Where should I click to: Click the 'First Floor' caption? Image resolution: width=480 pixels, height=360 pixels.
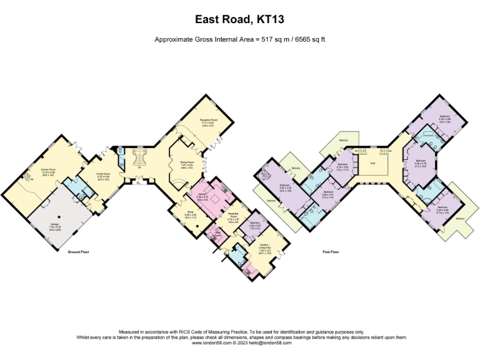pos(331,252)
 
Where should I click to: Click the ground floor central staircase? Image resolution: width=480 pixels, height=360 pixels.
pos(139,156)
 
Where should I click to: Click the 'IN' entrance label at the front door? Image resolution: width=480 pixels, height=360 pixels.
pos(136,182)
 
